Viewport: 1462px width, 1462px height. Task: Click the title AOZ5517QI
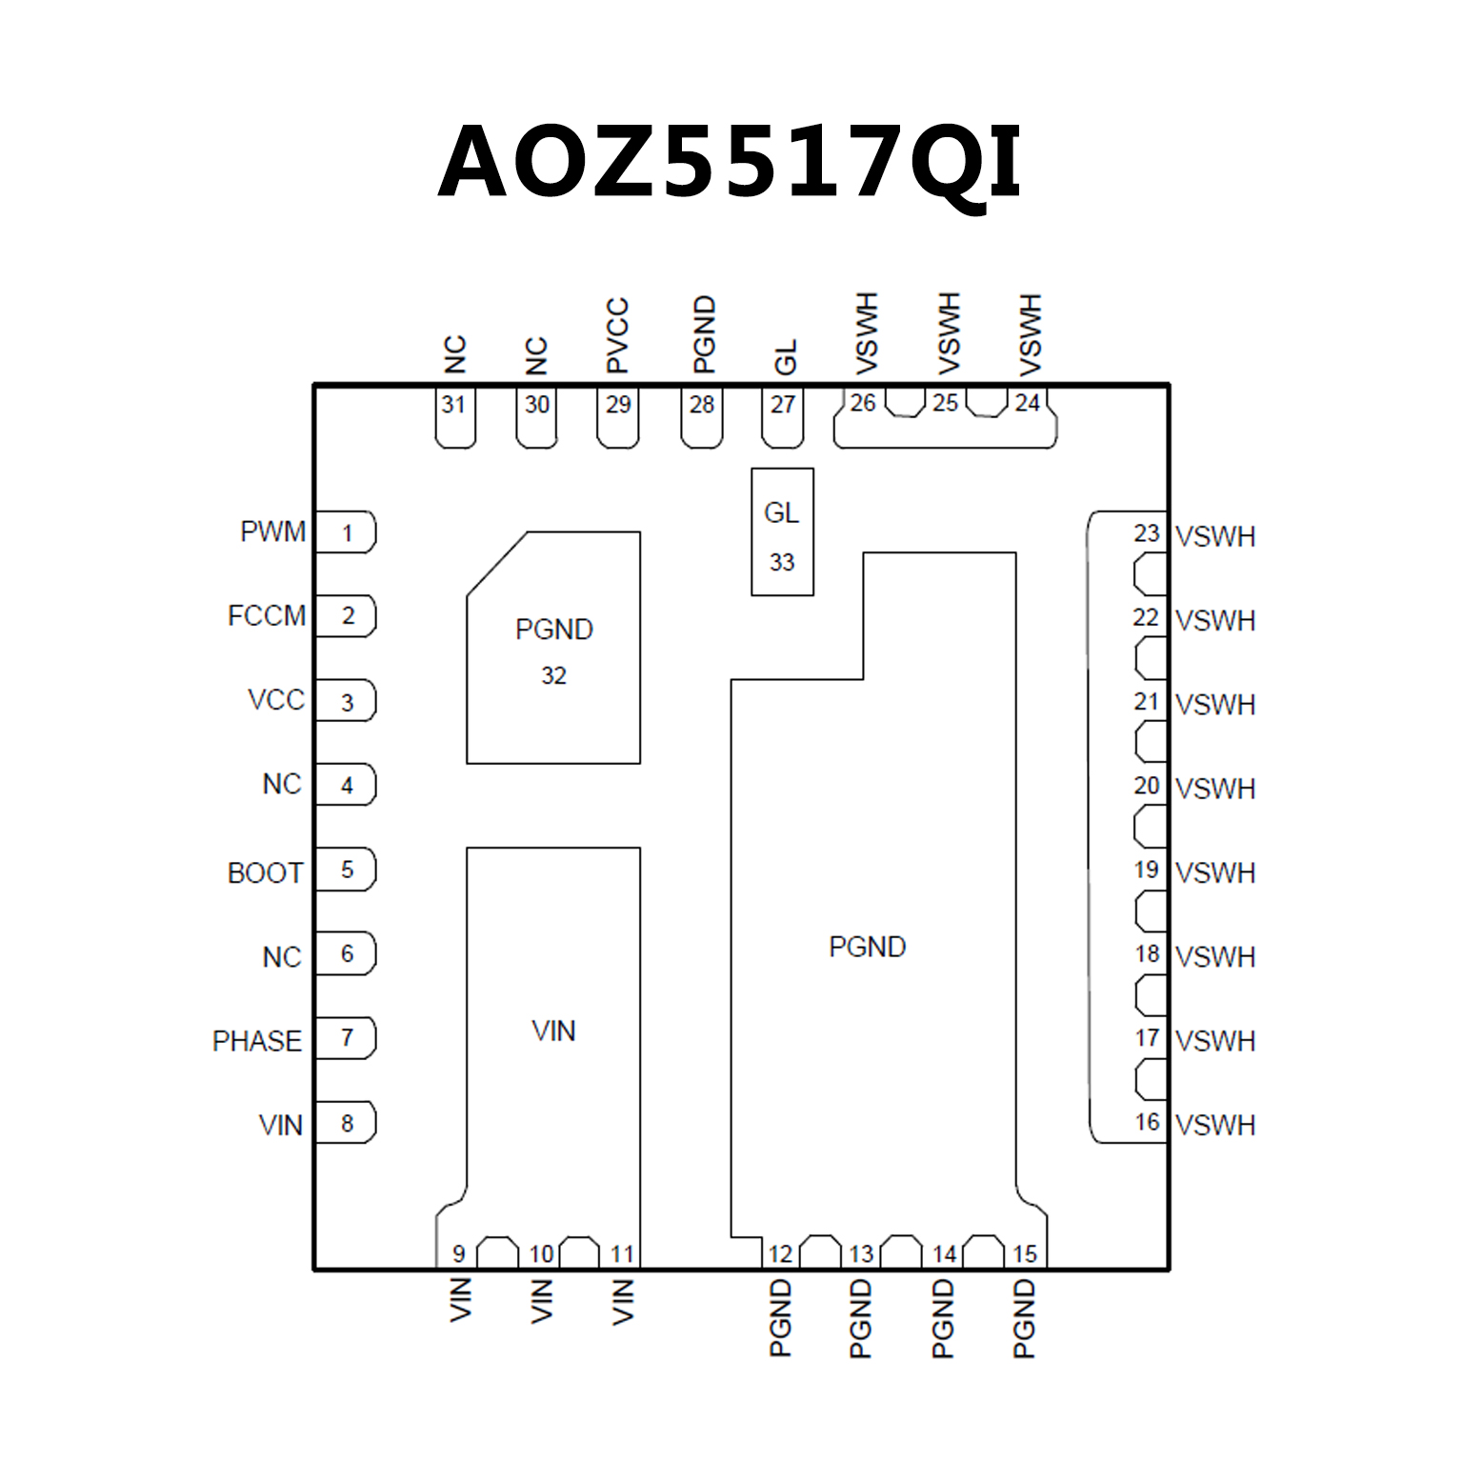click(730, 162)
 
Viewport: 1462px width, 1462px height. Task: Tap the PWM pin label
click(272, 531)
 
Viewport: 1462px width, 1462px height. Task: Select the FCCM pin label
click(267, 616)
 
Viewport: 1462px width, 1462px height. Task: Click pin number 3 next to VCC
click(347, 703)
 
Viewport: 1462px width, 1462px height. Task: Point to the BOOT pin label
click(265, 873)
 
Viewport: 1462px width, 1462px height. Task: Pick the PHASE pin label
click(256, 1041)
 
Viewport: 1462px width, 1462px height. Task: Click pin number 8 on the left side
click(347, 1124)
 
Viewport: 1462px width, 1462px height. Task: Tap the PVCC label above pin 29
click(618, 335)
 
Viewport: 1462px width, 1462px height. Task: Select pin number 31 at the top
click(453, 405)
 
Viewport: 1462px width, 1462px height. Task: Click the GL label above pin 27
click(785, 357)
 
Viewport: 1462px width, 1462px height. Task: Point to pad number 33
click(782, 562)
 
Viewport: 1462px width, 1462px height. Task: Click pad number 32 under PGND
click(553, 675)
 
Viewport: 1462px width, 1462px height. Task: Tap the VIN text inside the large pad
click(553, 1031)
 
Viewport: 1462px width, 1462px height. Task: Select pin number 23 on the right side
click(1147, 533)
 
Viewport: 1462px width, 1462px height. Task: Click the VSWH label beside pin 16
click(1215, 1125)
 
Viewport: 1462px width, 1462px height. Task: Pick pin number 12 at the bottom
click(780, 1253)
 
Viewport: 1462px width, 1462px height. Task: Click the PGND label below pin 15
click(1024, 1318)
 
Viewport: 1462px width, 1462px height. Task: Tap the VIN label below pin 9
click(460, 1300)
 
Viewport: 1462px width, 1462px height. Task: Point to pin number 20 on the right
click(1147, 786)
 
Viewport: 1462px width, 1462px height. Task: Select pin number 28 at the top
click(702, 405)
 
